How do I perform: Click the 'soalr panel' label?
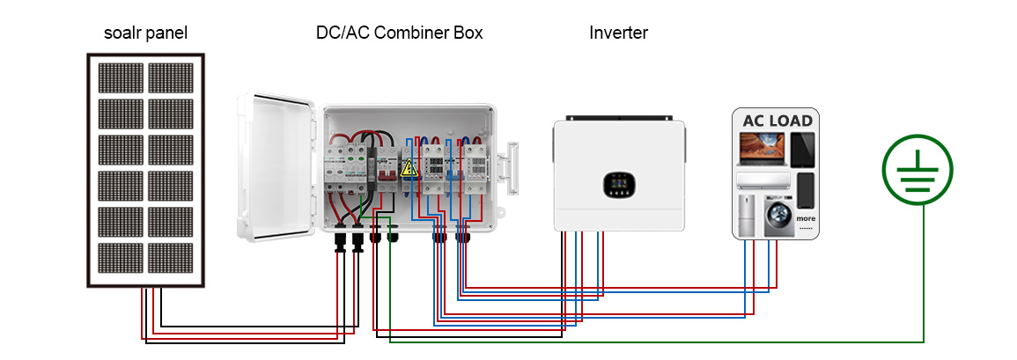coord(145,33)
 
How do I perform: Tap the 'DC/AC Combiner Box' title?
coord(400,33)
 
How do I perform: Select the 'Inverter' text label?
coord(618,33)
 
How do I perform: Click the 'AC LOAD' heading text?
coord(777,121)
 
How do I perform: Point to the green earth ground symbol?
coord(918,171)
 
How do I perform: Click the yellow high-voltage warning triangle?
coord(408,169)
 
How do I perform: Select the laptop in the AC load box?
coord(763,149)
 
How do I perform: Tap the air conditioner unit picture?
coord(763,180)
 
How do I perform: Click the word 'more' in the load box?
coord(806,218)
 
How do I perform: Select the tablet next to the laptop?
coord(803,149)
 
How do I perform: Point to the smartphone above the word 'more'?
coord(806,190)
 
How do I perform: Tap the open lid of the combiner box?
coord(276,166)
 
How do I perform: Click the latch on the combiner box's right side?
coord(511,166)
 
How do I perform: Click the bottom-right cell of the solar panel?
coord(171,258)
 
